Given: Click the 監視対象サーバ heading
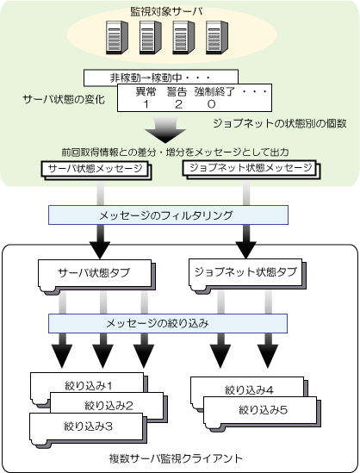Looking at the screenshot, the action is click(166, 11).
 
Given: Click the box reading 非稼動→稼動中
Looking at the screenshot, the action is click(161, 77).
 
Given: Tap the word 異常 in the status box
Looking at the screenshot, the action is click(146, 91).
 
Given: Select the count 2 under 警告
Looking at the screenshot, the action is click(178, 104).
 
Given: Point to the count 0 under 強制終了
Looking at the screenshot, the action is click(211, 104).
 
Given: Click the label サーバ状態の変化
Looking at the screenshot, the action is click(64, 99).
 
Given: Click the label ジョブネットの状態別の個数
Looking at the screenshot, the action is click(280, 123).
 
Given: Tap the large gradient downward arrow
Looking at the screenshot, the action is click(165, 130).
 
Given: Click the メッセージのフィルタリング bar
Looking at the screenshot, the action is click(168, 215).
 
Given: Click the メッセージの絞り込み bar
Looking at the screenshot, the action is click(168, 323).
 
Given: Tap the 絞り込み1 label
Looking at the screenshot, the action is click(89, 385).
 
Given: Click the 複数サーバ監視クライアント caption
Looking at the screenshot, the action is click(176, 458).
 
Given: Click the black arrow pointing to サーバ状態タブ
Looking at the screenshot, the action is click(100, 242).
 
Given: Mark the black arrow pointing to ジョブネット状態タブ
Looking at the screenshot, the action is click(246, 242).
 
